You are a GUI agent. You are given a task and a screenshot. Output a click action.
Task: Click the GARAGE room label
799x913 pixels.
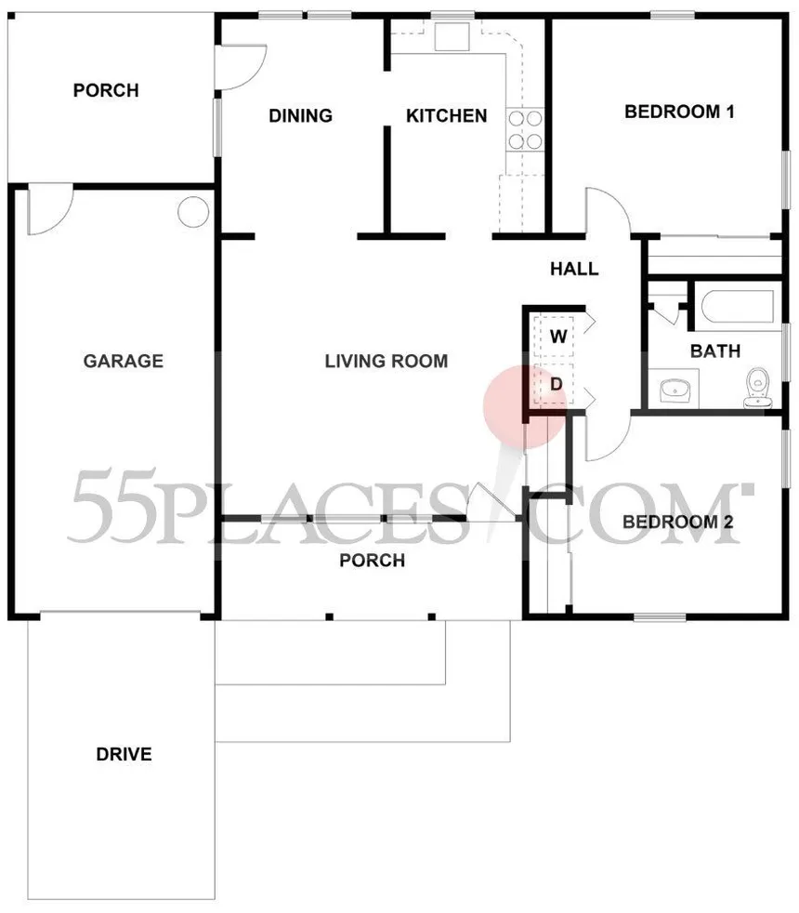124,361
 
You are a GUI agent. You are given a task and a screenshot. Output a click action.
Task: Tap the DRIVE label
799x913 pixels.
124,754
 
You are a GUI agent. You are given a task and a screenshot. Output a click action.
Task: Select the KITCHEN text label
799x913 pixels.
446,116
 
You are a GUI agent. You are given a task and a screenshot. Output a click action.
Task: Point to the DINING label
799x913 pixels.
300,116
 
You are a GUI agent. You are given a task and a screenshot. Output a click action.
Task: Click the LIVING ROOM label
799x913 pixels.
386,361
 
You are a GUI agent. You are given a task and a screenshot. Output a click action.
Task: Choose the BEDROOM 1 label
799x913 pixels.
679,112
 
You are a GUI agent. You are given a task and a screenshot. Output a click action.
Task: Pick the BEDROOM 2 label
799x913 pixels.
677,522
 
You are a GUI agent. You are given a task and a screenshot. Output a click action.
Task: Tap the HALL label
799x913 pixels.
574,269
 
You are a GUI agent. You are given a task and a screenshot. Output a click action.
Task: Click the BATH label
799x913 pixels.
715,351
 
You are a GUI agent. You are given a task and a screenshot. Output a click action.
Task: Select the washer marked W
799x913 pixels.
557,336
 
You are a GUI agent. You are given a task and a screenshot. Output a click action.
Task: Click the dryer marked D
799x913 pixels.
557,384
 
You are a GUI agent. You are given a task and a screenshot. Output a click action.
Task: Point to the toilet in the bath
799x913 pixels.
758,387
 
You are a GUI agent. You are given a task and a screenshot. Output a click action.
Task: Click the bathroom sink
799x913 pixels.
675,389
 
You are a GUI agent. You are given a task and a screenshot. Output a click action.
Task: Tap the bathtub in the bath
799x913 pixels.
738,306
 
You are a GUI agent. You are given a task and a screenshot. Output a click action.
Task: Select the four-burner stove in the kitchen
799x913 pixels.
525,130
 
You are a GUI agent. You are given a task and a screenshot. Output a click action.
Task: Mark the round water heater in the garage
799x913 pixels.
193,211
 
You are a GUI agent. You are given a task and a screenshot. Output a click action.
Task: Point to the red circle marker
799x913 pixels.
525,406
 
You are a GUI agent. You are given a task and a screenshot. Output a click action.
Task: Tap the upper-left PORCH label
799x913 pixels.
106,90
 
